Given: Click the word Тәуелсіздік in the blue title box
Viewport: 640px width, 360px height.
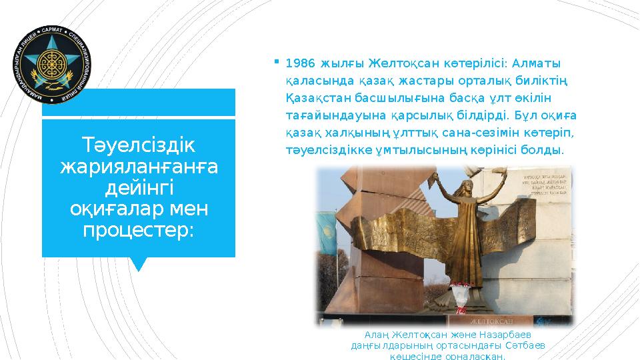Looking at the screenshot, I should coord(138,145).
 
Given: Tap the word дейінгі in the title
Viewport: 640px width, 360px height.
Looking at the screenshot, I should coord(138,187).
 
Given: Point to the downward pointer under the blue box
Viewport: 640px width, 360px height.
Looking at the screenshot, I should coord(139,264).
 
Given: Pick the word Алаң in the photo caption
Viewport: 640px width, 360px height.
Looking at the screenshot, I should coord(376,333).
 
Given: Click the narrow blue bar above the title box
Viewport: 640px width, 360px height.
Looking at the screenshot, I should coord(139,102).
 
